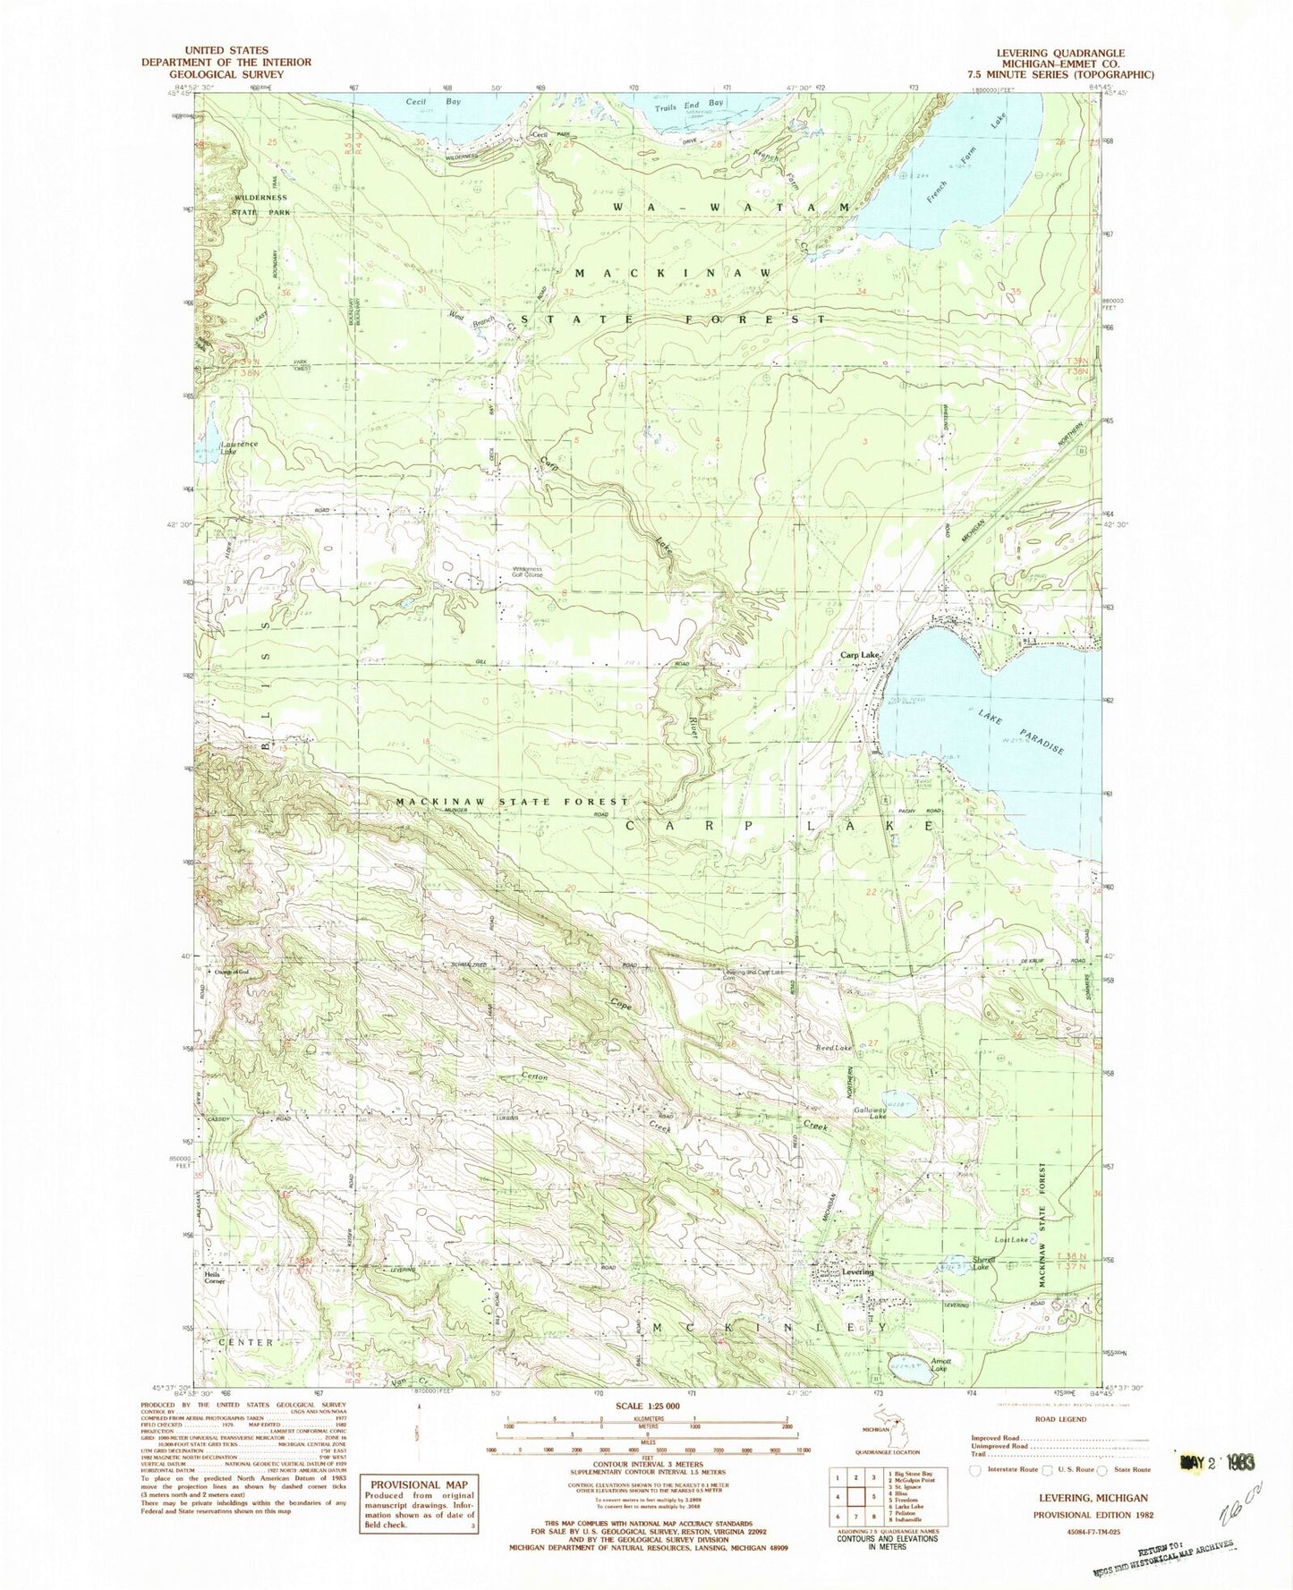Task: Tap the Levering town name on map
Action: (856, 1271)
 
